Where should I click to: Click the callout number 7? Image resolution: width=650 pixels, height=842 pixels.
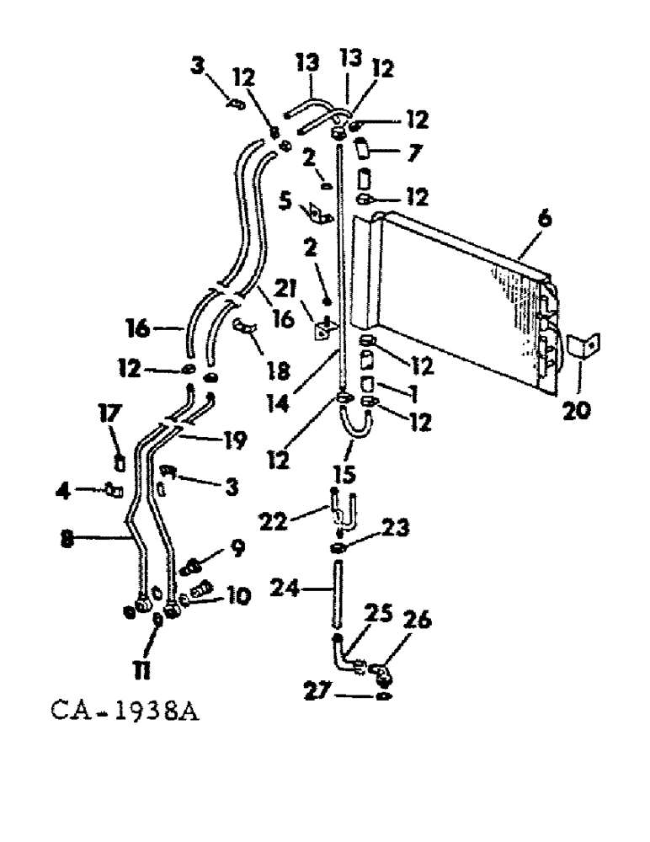397,153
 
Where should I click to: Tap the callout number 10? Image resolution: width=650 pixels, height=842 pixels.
238,595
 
